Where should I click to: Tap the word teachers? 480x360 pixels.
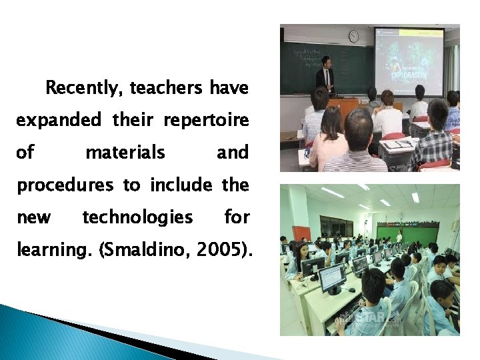pyautogui.click(x=167, y=88)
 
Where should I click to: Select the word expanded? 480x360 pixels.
pyautogui.click(x=59, y=121)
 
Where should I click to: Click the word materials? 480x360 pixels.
pyautogui.click(x=125, y=153)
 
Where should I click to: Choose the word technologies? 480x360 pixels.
pyautogui.click(x=137, y=217)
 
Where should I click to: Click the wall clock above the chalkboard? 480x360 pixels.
pyautogui.click(x=353, y=36)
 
